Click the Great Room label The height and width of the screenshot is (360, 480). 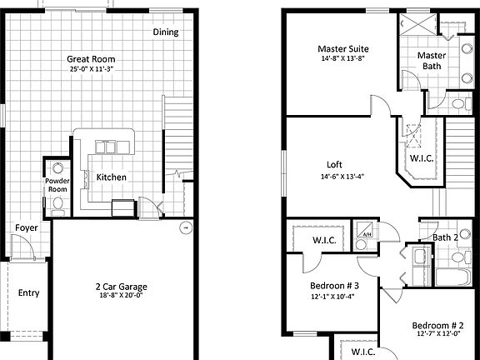pyautogui.click(x=92, y=59)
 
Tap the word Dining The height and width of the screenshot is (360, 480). pyautogui.click(x=166, y=32)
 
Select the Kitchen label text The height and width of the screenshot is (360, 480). pyautogui.click(x=112, y=178)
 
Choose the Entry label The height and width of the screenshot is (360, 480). pyautogui.click(x=28, y=292)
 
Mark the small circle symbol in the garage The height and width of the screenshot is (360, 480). pyautogui.click(x=186, y=227)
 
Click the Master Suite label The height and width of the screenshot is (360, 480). pyautogui.click(x=342, y=49)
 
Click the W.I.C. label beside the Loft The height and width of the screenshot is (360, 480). pyautogui.click(x=421, y=157)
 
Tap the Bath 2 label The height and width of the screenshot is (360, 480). pyautogui.click(x=446, y=238)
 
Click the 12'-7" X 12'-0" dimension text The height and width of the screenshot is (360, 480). pyautogui.click(x=437, y=334)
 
